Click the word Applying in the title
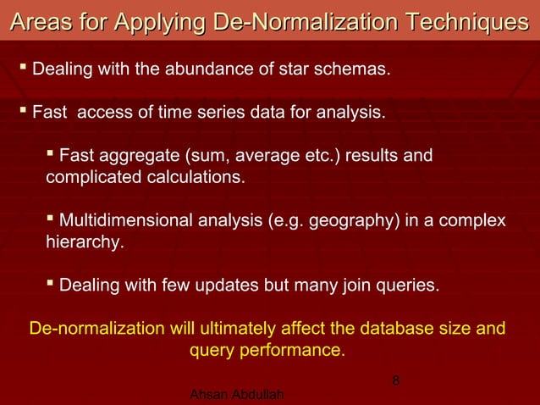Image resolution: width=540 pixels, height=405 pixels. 160,22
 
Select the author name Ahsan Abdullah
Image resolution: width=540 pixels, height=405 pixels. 237,396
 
